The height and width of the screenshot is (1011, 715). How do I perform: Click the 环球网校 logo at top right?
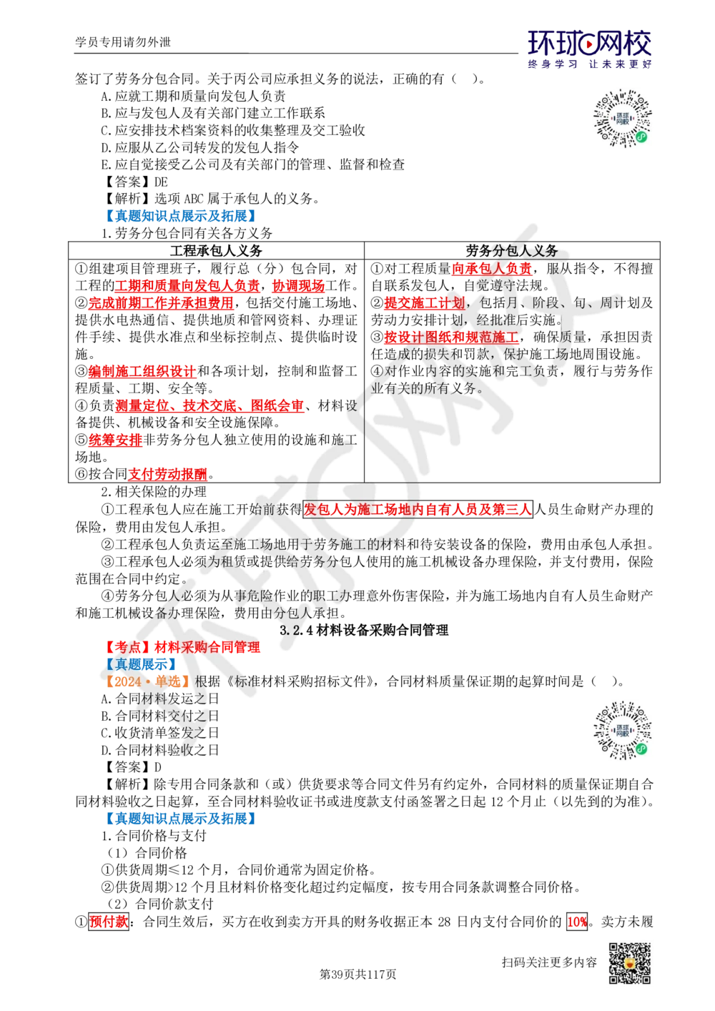pyautogui.click(x=589, y=49)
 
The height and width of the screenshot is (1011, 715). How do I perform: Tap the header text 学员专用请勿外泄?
pyautogui.click(x=123, y=42)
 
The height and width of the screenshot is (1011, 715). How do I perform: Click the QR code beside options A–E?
pyautogui.click(x=623, y=118)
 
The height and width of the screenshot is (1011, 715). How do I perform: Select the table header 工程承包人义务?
pyautogui.click(x=216, y=250)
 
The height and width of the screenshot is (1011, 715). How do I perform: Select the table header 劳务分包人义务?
pyautogui.click(x=512, y=250)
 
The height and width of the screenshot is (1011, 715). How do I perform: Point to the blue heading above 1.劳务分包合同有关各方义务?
pyautogui.click(x=181, y=216)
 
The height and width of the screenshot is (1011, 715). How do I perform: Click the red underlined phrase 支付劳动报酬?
pyautogui.click(x=167, y=474)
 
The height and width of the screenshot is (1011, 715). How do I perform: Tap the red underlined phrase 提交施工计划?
pyautogui.click(x=424, y=302)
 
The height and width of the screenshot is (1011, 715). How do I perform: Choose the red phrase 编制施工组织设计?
pyautogui.click(x=142, y=371)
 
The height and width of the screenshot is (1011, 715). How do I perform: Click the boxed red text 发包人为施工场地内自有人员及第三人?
pyautogui.click(x=418, y=509)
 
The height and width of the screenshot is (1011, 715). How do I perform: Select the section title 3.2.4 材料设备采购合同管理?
pyautogui.click(x=364, y=630)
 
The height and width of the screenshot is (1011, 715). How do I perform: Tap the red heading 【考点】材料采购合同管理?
pyautogui.click(x=181, y=647)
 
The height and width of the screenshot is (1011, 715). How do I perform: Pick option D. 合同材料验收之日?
pyautogui.click(x=160, y=750)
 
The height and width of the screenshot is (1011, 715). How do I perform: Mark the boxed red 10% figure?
pyautogui.click(x=577, y=921)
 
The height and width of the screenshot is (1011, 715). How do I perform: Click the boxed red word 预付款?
pyautogui.click(x=109, y=921)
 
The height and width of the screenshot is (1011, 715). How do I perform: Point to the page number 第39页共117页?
pyautogui.click(x=357, y=975)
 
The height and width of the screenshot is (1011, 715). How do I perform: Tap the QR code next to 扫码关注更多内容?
pyautogui.click(x=630, y=964)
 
